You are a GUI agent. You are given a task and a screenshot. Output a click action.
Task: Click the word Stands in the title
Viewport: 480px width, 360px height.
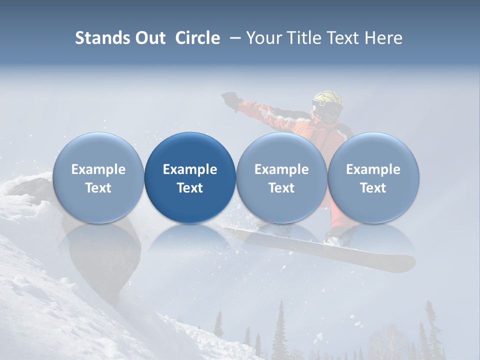(102, 38)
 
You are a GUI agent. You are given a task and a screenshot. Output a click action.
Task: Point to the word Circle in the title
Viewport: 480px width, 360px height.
(197, 38)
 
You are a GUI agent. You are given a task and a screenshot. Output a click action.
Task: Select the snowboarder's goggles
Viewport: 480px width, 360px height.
(320, 106)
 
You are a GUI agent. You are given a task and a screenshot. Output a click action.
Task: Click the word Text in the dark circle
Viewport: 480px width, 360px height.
(190, 188)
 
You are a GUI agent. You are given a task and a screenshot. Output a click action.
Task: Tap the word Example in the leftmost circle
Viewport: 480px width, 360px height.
(98, 169)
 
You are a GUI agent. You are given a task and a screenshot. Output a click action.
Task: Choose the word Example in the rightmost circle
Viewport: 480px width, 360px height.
(373, 169)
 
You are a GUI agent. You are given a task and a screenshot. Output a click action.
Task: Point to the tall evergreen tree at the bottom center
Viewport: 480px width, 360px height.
(280, 330)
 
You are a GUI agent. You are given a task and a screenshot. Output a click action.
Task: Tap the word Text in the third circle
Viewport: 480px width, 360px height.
(281, 188)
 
